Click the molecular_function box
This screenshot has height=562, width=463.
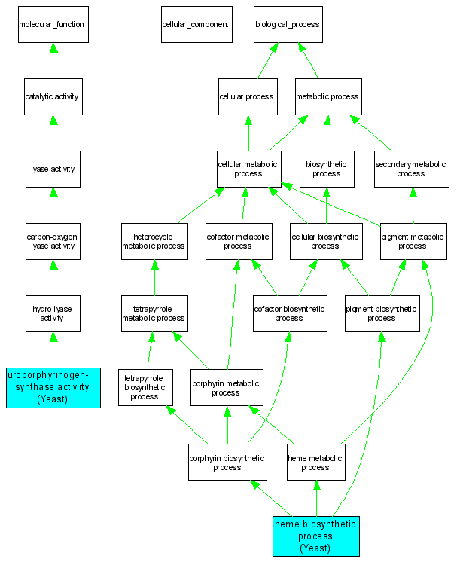pyautogui.click(x=53, y=25)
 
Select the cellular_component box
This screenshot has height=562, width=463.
pyautogui.click(x=196, y=25)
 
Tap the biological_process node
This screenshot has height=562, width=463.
pyautogui.click(x=288, y=25)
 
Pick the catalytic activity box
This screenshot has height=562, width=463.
pyautogui.click(x=53, y=96)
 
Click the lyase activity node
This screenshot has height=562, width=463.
pyautogui.click(x=53, y=169)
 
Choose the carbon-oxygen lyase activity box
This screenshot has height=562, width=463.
pyautogui.click(x=53, y=241)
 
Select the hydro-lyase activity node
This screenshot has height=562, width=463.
pyautogui.click(x=53, y=313)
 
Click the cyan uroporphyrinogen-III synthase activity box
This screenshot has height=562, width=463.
pyautogui.click(x=53, y=387)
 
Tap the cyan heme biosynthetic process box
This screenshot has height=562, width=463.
pyautogui.click(x=315, y=536)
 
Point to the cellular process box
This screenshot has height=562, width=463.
pyautogui.click(x=246, y=96)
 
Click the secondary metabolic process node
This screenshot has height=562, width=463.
pyautogui.click(x=411, y=169)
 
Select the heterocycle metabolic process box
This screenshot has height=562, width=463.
pyautogui.click(x=154, y=241)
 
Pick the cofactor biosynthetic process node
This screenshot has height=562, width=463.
pyautogui.click(x=289, y=313)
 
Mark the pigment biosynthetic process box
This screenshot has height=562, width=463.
pyautogui.click(x=381, y=313)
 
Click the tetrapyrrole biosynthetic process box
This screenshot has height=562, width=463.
pyautogui.click(x=145, y=387)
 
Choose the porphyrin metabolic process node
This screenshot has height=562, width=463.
pyautogui.click(x=226, y=388)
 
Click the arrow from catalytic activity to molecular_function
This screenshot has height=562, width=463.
pyautogui.click(x=53, y=60)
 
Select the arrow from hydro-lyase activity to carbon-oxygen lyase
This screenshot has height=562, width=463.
pyautogui.click(x=53, y=277)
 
